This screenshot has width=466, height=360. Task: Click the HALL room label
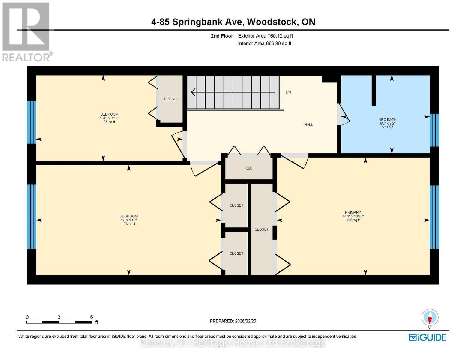pos(308,124)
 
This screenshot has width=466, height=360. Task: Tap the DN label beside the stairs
pos(288,92)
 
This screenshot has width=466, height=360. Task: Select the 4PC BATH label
pos(387,119)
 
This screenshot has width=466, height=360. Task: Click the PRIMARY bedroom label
pos(353,212)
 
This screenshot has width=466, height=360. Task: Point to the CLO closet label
pos(249,168)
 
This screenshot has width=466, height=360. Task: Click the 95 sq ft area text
pos(109,122)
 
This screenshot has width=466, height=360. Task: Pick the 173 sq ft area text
pos(128,224)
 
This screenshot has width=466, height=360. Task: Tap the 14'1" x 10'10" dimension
pos(353,216)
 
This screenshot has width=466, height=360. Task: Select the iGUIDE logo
pos(428,337)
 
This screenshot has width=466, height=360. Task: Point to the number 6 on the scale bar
pos(92,317)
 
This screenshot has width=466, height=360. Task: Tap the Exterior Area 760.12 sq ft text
pos(266,36)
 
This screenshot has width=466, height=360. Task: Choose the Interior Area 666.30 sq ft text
pos(265,43)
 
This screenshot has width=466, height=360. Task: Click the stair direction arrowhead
pos(193,92)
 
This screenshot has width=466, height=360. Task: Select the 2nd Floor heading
pos(222,36)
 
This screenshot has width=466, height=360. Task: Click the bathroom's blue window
pos(434,130)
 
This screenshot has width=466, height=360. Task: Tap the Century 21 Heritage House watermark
pos(233,343)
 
